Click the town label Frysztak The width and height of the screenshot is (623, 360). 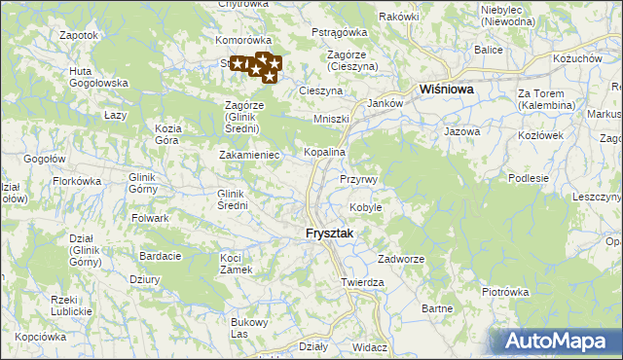pyautogui.click(x=329, y=234)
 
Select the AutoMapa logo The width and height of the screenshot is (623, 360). pyautogui.click(x=556, y=342)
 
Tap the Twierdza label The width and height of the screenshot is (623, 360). pyautogui.click(x=363, y=282)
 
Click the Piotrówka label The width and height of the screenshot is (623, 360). pyautogui.click(x=504, y=291)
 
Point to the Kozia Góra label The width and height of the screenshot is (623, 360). pyautogui.click(x=168, y=134)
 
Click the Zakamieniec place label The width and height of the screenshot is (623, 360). pyautogui.click(x=249, y=154)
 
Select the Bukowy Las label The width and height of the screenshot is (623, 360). pyautogui.click(x=248, y=328)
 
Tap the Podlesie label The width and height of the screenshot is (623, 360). pyautogui.click(x=530, y=178)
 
